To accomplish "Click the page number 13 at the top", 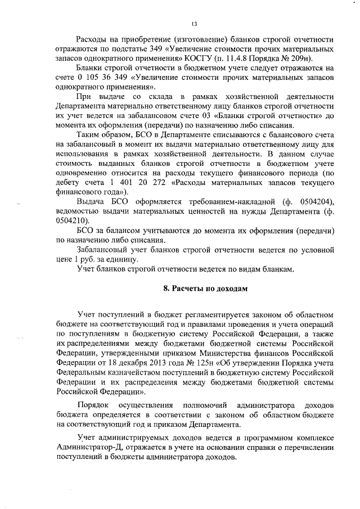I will (193, 23).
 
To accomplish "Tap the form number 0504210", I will (70, 220).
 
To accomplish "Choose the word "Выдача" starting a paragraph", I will (89, 202).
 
